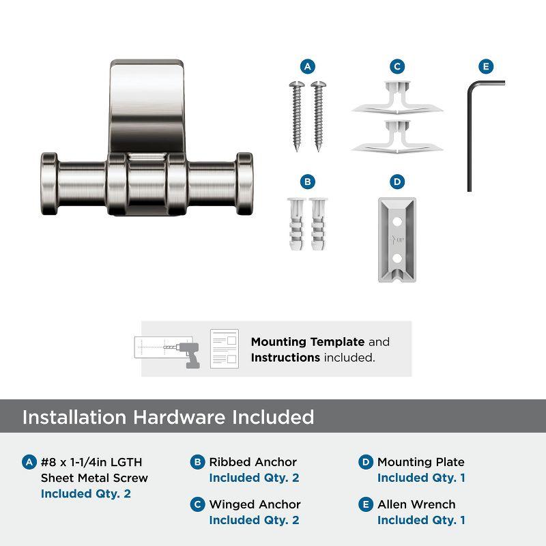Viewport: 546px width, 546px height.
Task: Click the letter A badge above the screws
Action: coord(308,66)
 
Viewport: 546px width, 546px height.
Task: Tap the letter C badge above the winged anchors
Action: coord(397,66)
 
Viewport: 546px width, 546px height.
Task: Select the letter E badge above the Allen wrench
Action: coord(485,66)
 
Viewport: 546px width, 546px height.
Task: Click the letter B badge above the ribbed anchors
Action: coord(308,182)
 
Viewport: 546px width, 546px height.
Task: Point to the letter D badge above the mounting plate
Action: coord(397,182)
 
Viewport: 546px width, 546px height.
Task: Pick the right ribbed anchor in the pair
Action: coord(319,225)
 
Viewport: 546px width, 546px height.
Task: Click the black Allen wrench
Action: coord(470,136)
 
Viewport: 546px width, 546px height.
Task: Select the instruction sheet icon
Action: coord(224,349)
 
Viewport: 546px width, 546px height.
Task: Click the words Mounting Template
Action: coord(308,342)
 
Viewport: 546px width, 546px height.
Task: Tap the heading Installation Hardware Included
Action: coord(168,417)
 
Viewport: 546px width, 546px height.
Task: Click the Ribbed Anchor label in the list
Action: coord(253,462)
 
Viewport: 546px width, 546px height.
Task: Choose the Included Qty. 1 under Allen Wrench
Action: coord(421,520)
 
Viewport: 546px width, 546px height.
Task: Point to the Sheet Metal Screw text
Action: coord(94,478)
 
